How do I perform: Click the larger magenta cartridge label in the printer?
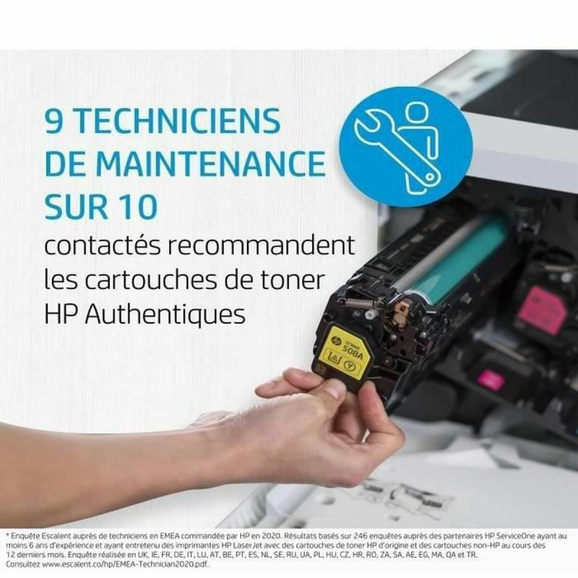541,310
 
